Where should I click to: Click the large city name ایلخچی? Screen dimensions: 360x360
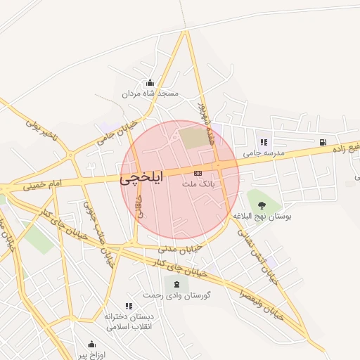coord(141,179)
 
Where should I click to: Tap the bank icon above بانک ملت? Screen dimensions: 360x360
coord(198,172)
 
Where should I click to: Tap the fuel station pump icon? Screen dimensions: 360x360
coord(322,142)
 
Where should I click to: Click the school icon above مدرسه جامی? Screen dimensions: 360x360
coord(264,142)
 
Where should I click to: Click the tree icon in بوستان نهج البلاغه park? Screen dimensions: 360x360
coord(262,205)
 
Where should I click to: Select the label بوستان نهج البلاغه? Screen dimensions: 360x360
coord(264,217)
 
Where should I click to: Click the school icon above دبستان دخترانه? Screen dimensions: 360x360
coord(129,306)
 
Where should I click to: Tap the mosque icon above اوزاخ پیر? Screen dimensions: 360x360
coord(91,344)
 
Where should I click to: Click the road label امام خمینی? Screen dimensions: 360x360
coord(42,186)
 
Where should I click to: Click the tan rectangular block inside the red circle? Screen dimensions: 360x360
coord(194,136)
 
